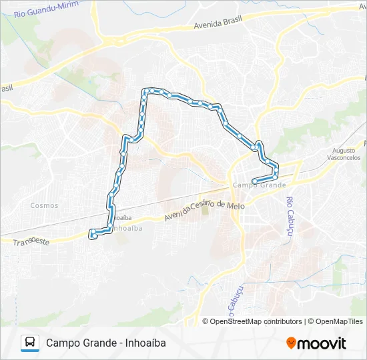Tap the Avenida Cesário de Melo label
[x=205, y=209]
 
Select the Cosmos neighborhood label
[x=44, y=205]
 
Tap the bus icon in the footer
[x=30, y=343]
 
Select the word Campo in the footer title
[x=61, y=343]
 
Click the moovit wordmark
[x=322, y=343]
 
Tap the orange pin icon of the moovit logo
[x=291, y=343]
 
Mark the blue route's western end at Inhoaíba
[x=93, y=234]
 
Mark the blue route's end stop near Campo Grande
[x=254, y=181]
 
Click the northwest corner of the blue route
[x=144, y=91]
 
